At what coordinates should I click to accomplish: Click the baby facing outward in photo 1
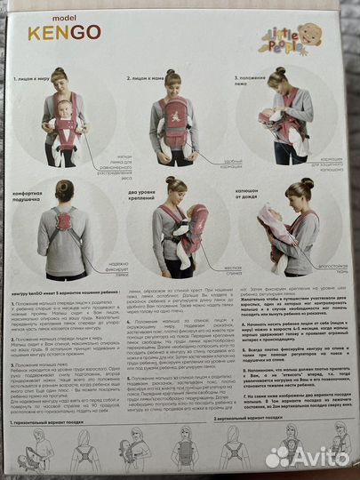tap(64, 120)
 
